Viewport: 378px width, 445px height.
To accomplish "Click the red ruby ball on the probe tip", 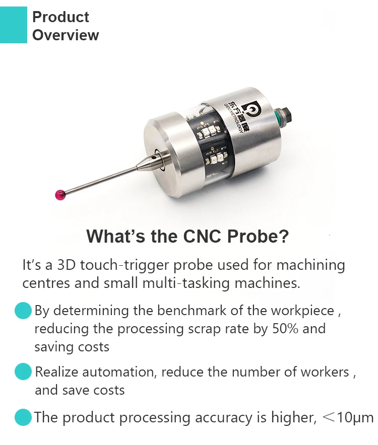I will pyautogui.click(x=59, y=194).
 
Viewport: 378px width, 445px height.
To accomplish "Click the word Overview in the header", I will pyautogui.click(x=66, y=35).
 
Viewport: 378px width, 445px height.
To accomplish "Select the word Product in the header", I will pyautogui.click(x=60, y=17).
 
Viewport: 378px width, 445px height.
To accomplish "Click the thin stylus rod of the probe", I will pyautogui.click(x=101, y=179).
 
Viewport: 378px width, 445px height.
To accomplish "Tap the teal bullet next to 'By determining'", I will pyautogui.click(x=23, y=311).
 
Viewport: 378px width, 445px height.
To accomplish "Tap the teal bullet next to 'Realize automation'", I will pyautogui.click(x=23, y=372).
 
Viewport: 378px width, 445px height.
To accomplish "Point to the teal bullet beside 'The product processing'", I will pyautogui.click(x=23, y=417).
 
